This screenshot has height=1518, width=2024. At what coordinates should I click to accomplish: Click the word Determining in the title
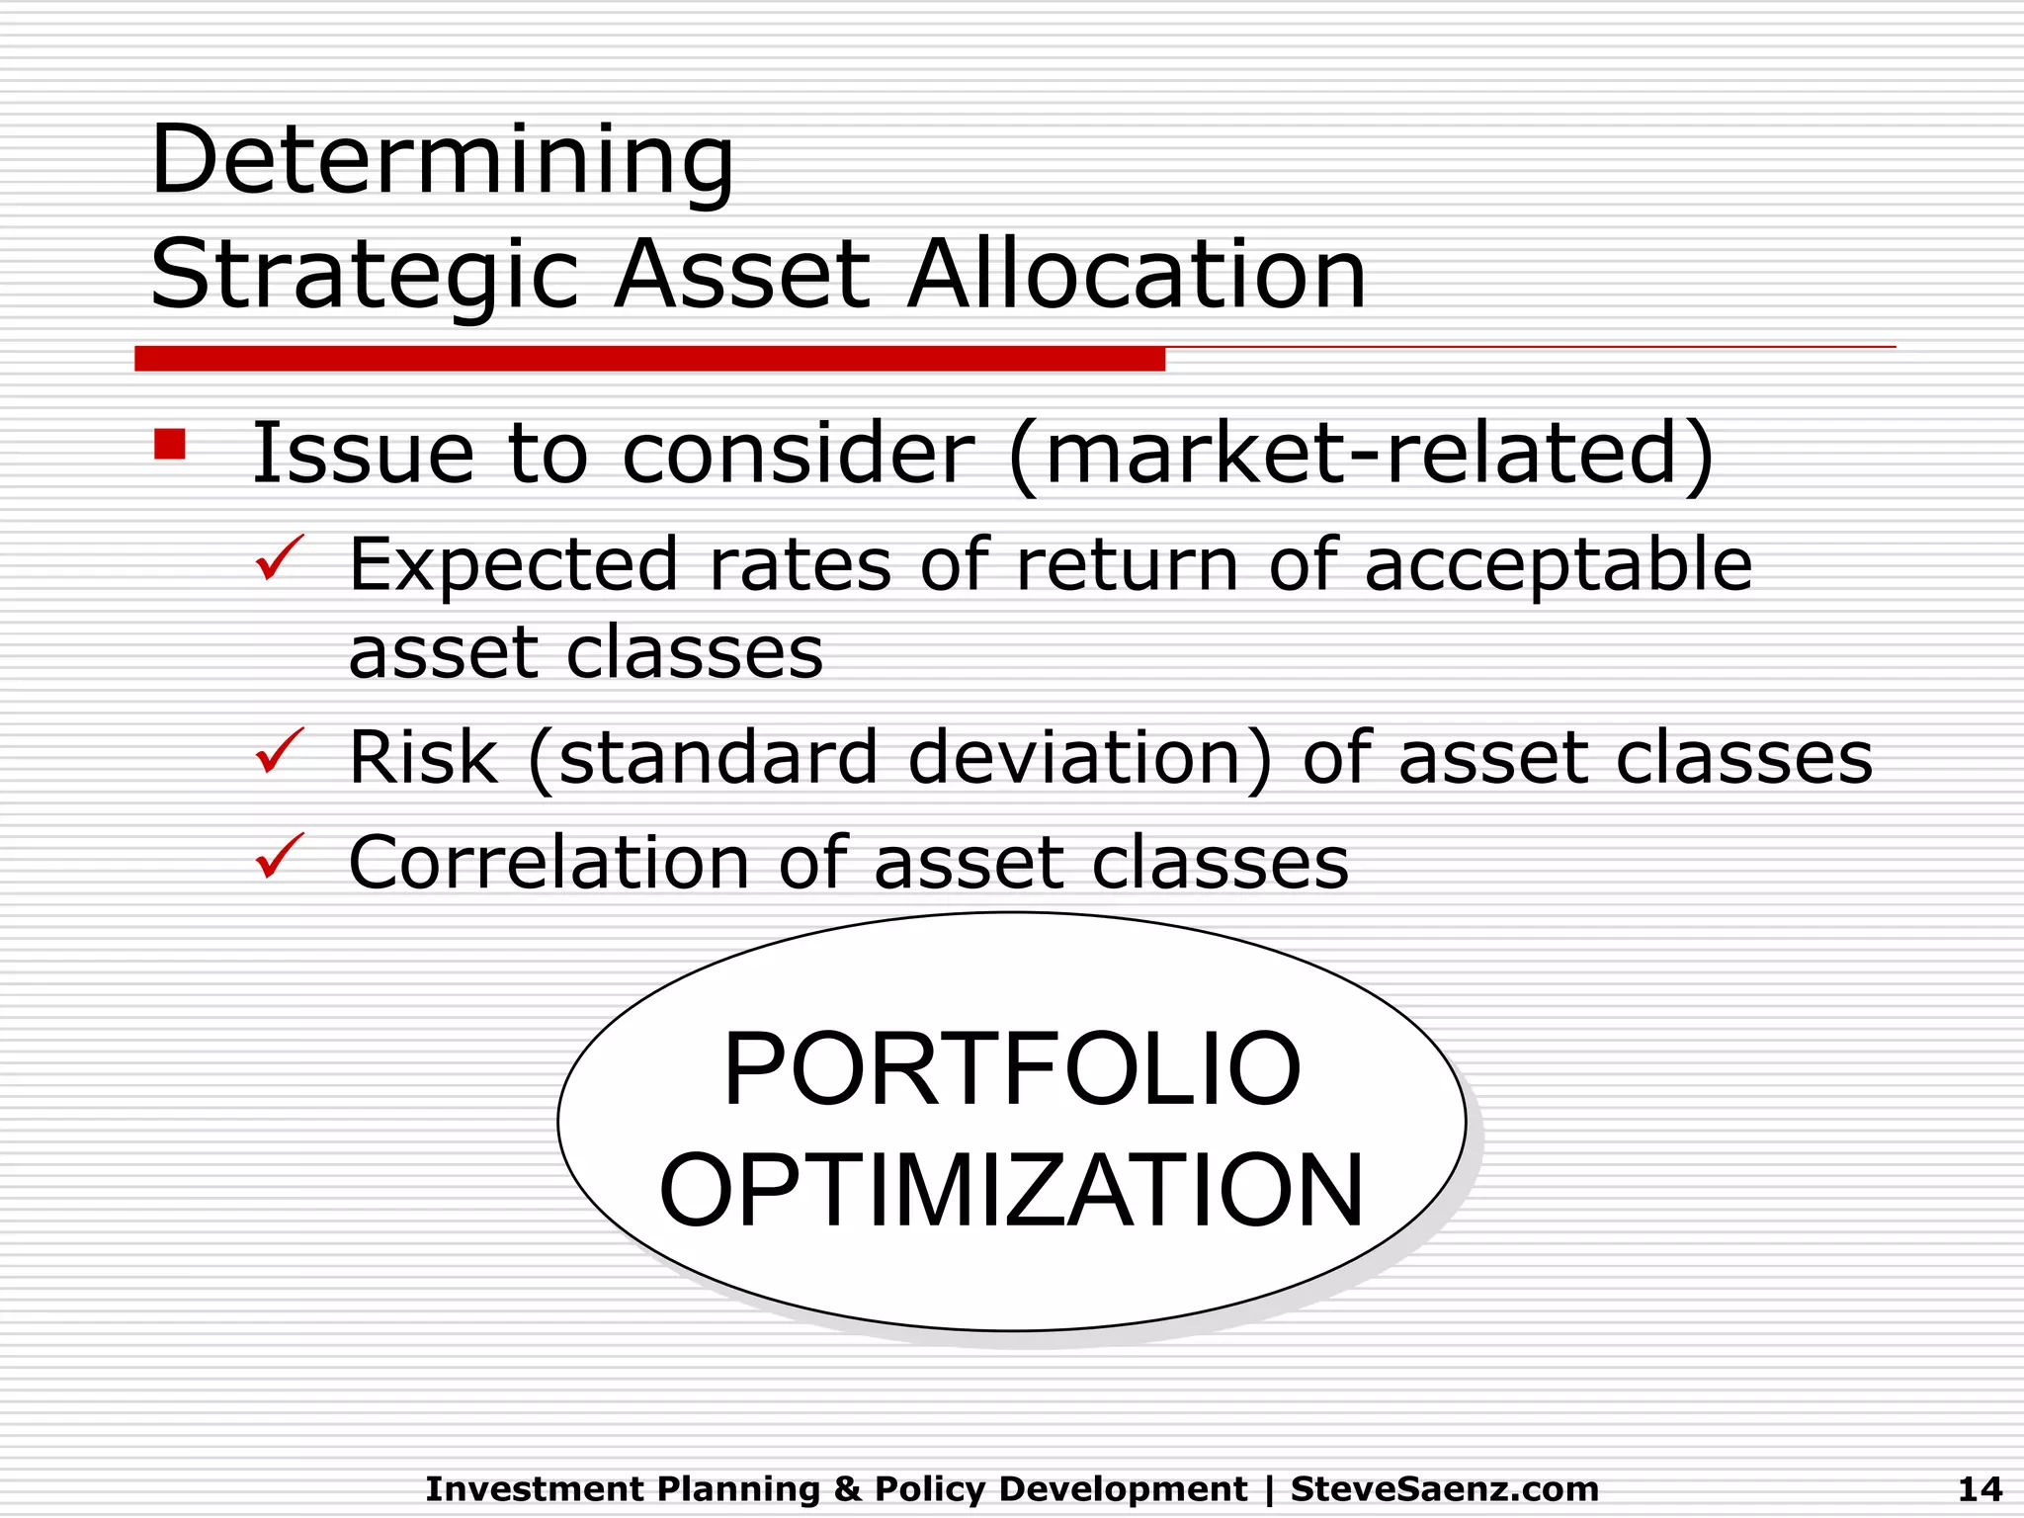[442, 160]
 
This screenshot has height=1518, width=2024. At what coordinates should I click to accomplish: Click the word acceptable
[1558, 565]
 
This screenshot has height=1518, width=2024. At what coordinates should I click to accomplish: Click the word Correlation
[548, 863]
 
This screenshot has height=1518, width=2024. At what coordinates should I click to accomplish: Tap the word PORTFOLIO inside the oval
[1012, 1069]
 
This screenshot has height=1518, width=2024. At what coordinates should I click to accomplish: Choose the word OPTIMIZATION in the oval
[1012, 1190]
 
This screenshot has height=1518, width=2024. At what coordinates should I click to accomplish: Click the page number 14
[1980, 1488]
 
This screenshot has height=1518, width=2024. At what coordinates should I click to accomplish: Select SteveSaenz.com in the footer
[1444, 1488]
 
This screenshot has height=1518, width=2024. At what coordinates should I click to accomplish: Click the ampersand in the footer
[847, 1488]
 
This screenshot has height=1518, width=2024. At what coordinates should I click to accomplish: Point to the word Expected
[513, 565]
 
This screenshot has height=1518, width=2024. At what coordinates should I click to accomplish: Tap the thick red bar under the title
[649, 359]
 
